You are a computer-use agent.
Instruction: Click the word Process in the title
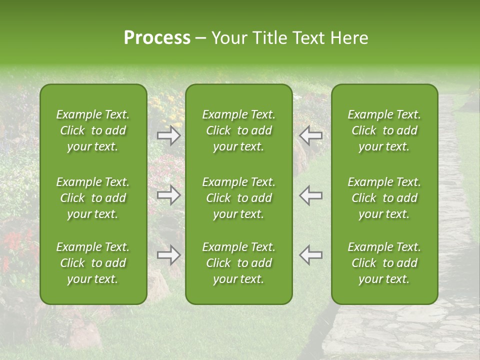157,38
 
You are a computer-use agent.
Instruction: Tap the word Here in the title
349,38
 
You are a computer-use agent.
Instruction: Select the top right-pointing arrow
168,135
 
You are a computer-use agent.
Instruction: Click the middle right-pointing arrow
168,195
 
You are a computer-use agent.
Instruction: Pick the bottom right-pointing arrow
168,255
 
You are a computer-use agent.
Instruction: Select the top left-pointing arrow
310,135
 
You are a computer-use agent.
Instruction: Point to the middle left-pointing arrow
310,195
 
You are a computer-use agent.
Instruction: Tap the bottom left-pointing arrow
310,255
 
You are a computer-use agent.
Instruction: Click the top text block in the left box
93,130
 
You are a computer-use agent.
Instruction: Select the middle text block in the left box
93,198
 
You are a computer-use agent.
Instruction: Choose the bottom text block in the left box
93,263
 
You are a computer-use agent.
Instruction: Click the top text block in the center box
239,130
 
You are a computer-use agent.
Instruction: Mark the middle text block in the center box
239,198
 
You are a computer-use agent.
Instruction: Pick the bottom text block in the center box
239,263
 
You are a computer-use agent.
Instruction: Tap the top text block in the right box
384,130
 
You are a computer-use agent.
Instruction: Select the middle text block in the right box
384,198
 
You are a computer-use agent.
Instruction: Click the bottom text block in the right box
384,263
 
